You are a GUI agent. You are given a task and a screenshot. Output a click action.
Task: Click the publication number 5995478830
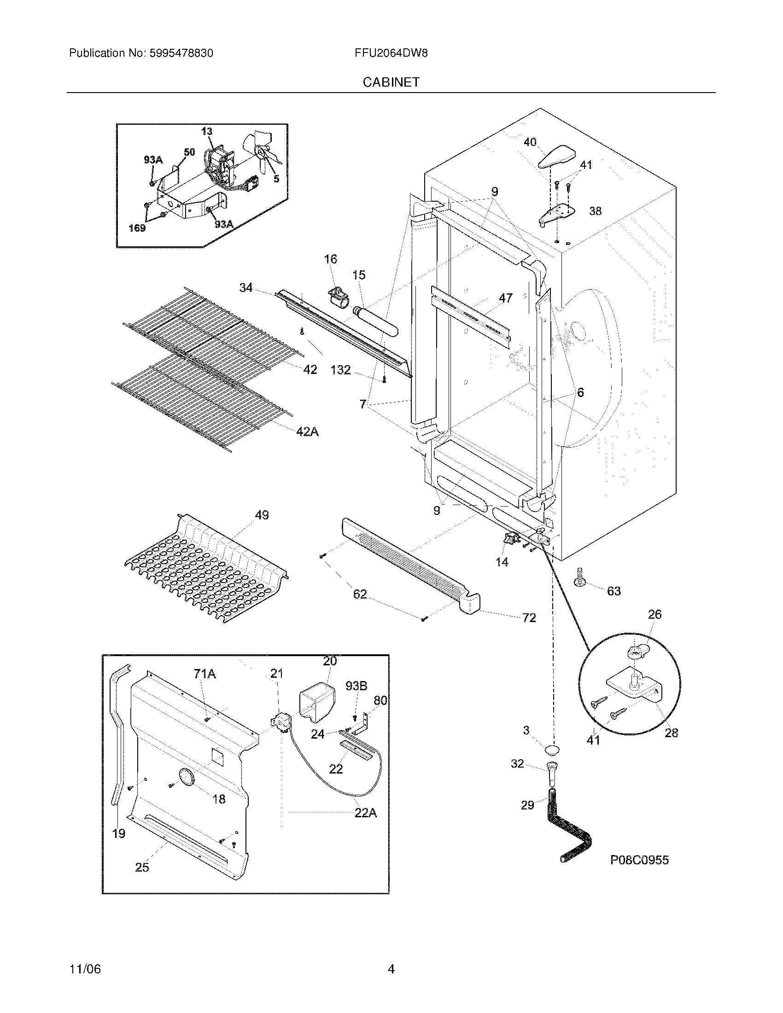181,53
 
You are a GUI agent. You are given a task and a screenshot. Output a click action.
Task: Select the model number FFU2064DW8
391,53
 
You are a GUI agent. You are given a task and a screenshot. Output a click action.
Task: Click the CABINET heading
391,82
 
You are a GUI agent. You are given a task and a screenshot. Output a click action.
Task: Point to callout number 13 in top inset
207,131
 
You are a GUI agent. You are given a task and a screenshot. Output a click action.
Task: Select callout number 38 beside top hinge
595,211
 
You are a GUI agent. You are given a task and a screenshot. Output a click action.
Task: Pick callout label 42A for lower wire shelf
307,432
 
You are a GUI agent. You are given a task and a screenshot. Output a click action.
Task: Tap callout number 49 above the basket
262,515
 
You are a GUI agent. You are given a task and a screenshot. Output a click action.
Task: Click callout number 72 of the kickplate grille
529,618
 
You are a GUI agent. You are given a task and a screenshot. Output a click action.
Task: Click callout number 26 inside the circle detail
654,615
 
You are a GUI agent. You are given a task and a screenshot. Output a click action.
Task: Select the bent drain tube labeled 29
567,828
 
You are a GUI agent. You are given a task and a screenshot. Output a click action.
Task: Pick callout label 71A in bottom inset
205,674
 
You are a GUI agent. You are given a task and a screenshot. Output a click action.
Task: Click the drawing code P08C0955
639,861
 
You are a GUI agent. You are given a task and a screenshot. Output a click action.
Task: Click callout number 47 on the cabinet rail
506,298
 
